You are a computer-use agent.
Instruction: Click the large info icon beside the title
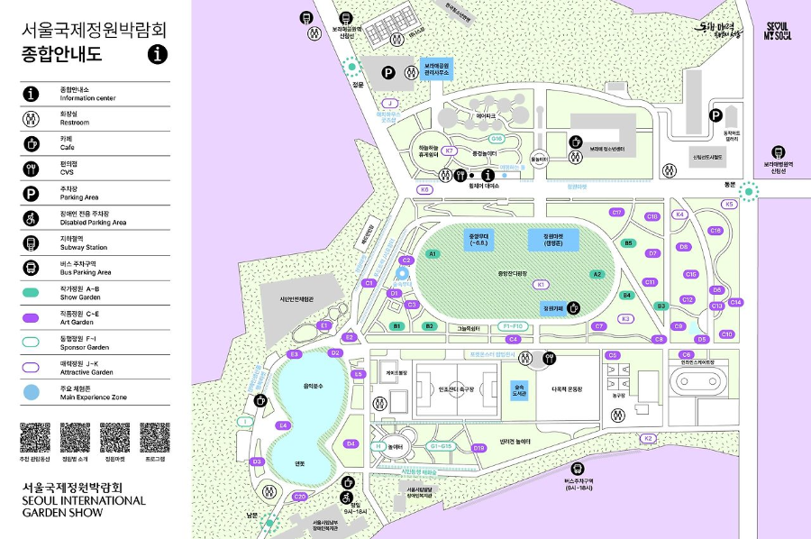[x=158, y=54]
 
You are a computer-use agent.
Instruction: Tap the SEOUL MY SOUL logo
[x=777, y=31]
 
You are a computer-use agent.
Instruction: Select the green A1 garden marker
[x=433, y=254]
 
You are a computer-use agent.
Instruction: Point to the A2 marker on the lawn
[x=597, y=273]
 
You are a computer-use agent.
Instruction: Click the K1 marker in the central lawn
[x=541, y=284]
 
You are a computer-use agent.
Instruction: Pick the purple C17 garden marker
[x=617, y=213]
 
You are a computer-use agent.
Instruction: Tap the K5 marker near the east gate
[x=729, y=205]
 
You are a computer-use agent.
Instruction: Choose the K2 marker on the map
[x=647, y=438]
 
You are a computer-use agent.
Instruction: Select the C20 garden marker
[x=300, y=497]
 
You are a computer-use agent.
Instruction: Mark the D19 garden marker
[x=478, y=447]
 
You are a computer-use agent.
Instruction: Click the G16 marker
[x=497, y=139]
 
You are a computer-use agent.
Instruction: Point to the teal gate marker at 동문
[x=752, y=190]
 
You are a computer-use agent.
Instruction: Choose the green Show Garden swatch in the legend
[x=31, y=292]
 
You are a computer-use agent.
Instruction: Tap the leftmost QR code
[x=35, y=437]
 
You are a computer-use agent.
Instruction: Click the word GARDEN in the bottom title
[x=44, y=513]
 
